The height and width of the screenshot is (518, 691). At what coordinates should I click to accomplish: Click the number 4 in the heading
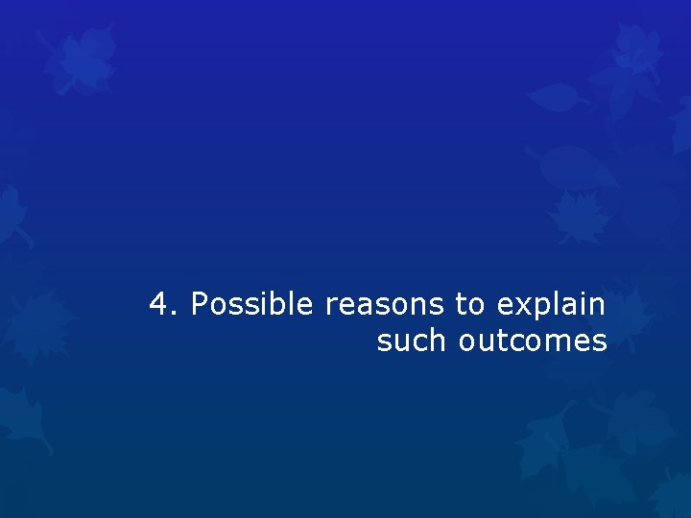(159, 305)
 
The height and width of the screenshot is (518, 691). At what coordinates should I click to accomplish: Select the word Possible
(251, 305)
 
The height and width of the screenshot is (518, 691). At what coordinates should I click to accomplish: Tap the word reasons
(385, 305)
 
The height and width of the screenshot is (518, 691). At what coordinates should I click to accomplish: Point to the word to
(469, 305)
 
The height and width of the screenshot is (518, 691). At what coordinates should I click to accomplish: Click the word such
(413, 341)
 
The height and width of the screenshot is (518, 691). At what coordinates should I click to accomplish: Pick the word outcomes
(533, 341)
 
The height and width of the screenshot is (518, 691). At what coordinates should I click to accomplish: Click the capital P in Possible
(200, 305)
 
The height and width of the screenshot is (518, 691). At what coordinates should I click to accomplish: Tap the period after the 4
(175, 314)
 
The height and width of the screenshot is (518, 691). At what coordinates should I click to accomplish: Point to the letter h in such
(441, 340)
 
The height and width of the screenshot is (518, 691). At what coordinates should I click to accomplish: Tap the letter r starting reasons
(330, 307)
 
